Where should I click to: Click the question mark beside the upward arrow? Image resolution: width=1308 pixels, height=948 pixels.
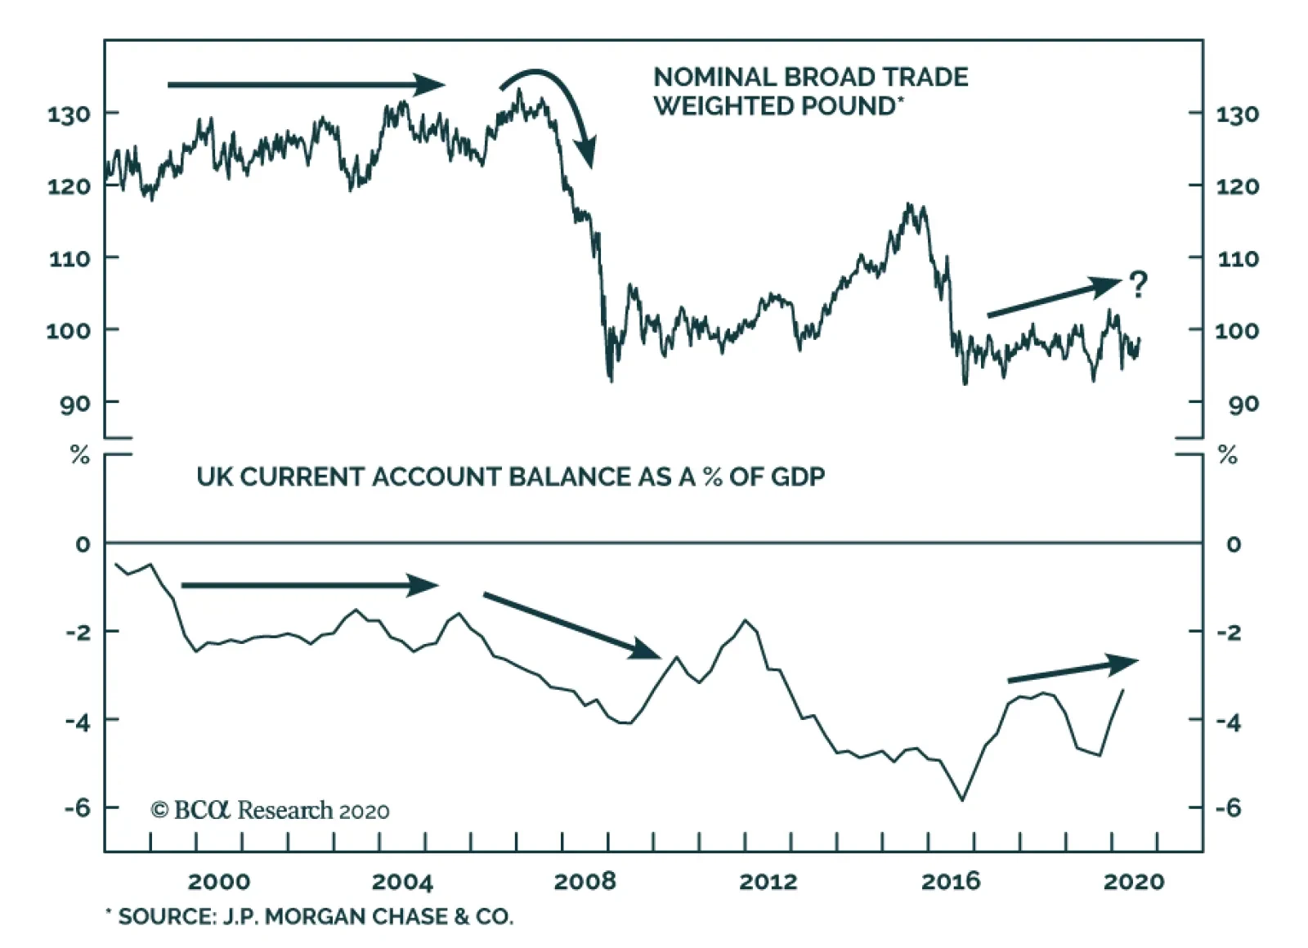(1137, 284)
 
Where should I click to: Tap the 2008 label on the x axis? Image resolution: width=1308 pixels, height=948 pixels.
(585, 881)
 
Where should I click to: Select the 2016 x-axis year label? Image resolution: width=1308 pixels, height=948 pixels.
(951, 881)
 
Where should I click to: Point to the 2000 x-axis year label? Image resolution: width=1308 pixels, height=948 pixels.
(219, 881)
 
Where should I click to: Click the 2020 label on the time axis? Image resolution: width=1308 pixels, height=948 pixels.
(1134, 881)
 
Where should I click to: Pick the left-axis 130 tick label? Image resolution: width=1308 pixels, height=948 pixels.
(69, 114)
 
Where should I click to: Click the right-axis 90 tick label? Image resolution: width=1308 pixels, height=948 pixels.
(1243, 404)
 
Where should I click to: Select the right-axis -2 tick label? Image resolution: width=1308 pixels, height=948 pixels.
(1227, 633)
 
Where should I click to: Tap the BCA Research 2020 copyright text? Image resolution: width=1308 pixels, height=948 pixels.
(270, 810)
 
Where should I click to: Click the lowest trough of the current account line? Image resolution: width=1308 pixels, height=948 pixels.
(962, 799)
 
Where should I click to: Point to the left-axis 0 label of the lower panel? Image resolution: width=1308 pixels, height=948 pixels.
(83, 544)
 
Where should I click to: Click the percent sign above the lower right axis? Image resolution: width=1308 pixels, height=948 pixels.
(1227, 456)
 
